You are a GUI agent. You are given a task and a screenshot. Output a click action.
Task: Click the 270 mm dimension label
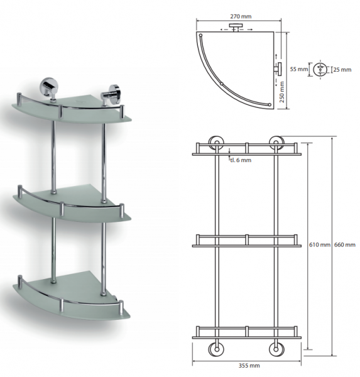(241, 16)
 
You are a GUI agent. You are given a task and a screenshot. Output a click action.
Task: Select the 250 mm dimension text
(282, 92)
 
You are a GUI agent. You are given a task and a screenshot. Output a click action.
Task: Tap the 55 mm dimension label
(298, 69)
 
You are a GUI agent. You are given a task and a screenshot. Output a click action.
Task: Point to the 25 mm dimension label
(342, 70)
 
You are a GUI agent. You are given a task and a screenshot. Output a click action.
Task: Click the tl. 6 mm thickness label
(241, 160)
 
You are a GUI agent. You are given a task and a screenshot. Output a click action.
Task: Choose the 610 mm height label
(320, 245)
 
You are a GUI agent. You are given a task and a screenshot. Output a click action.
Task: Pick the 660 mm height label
(345, 245)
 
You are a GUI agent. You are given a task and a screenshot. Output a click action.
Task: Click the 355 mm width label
(249, 366)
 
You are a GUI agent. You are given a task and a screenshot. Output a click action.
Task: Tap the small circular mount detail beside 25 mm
(320, 70)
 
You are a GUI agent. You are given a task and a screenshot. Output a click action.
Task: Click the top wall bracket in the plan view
(236, 27)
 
